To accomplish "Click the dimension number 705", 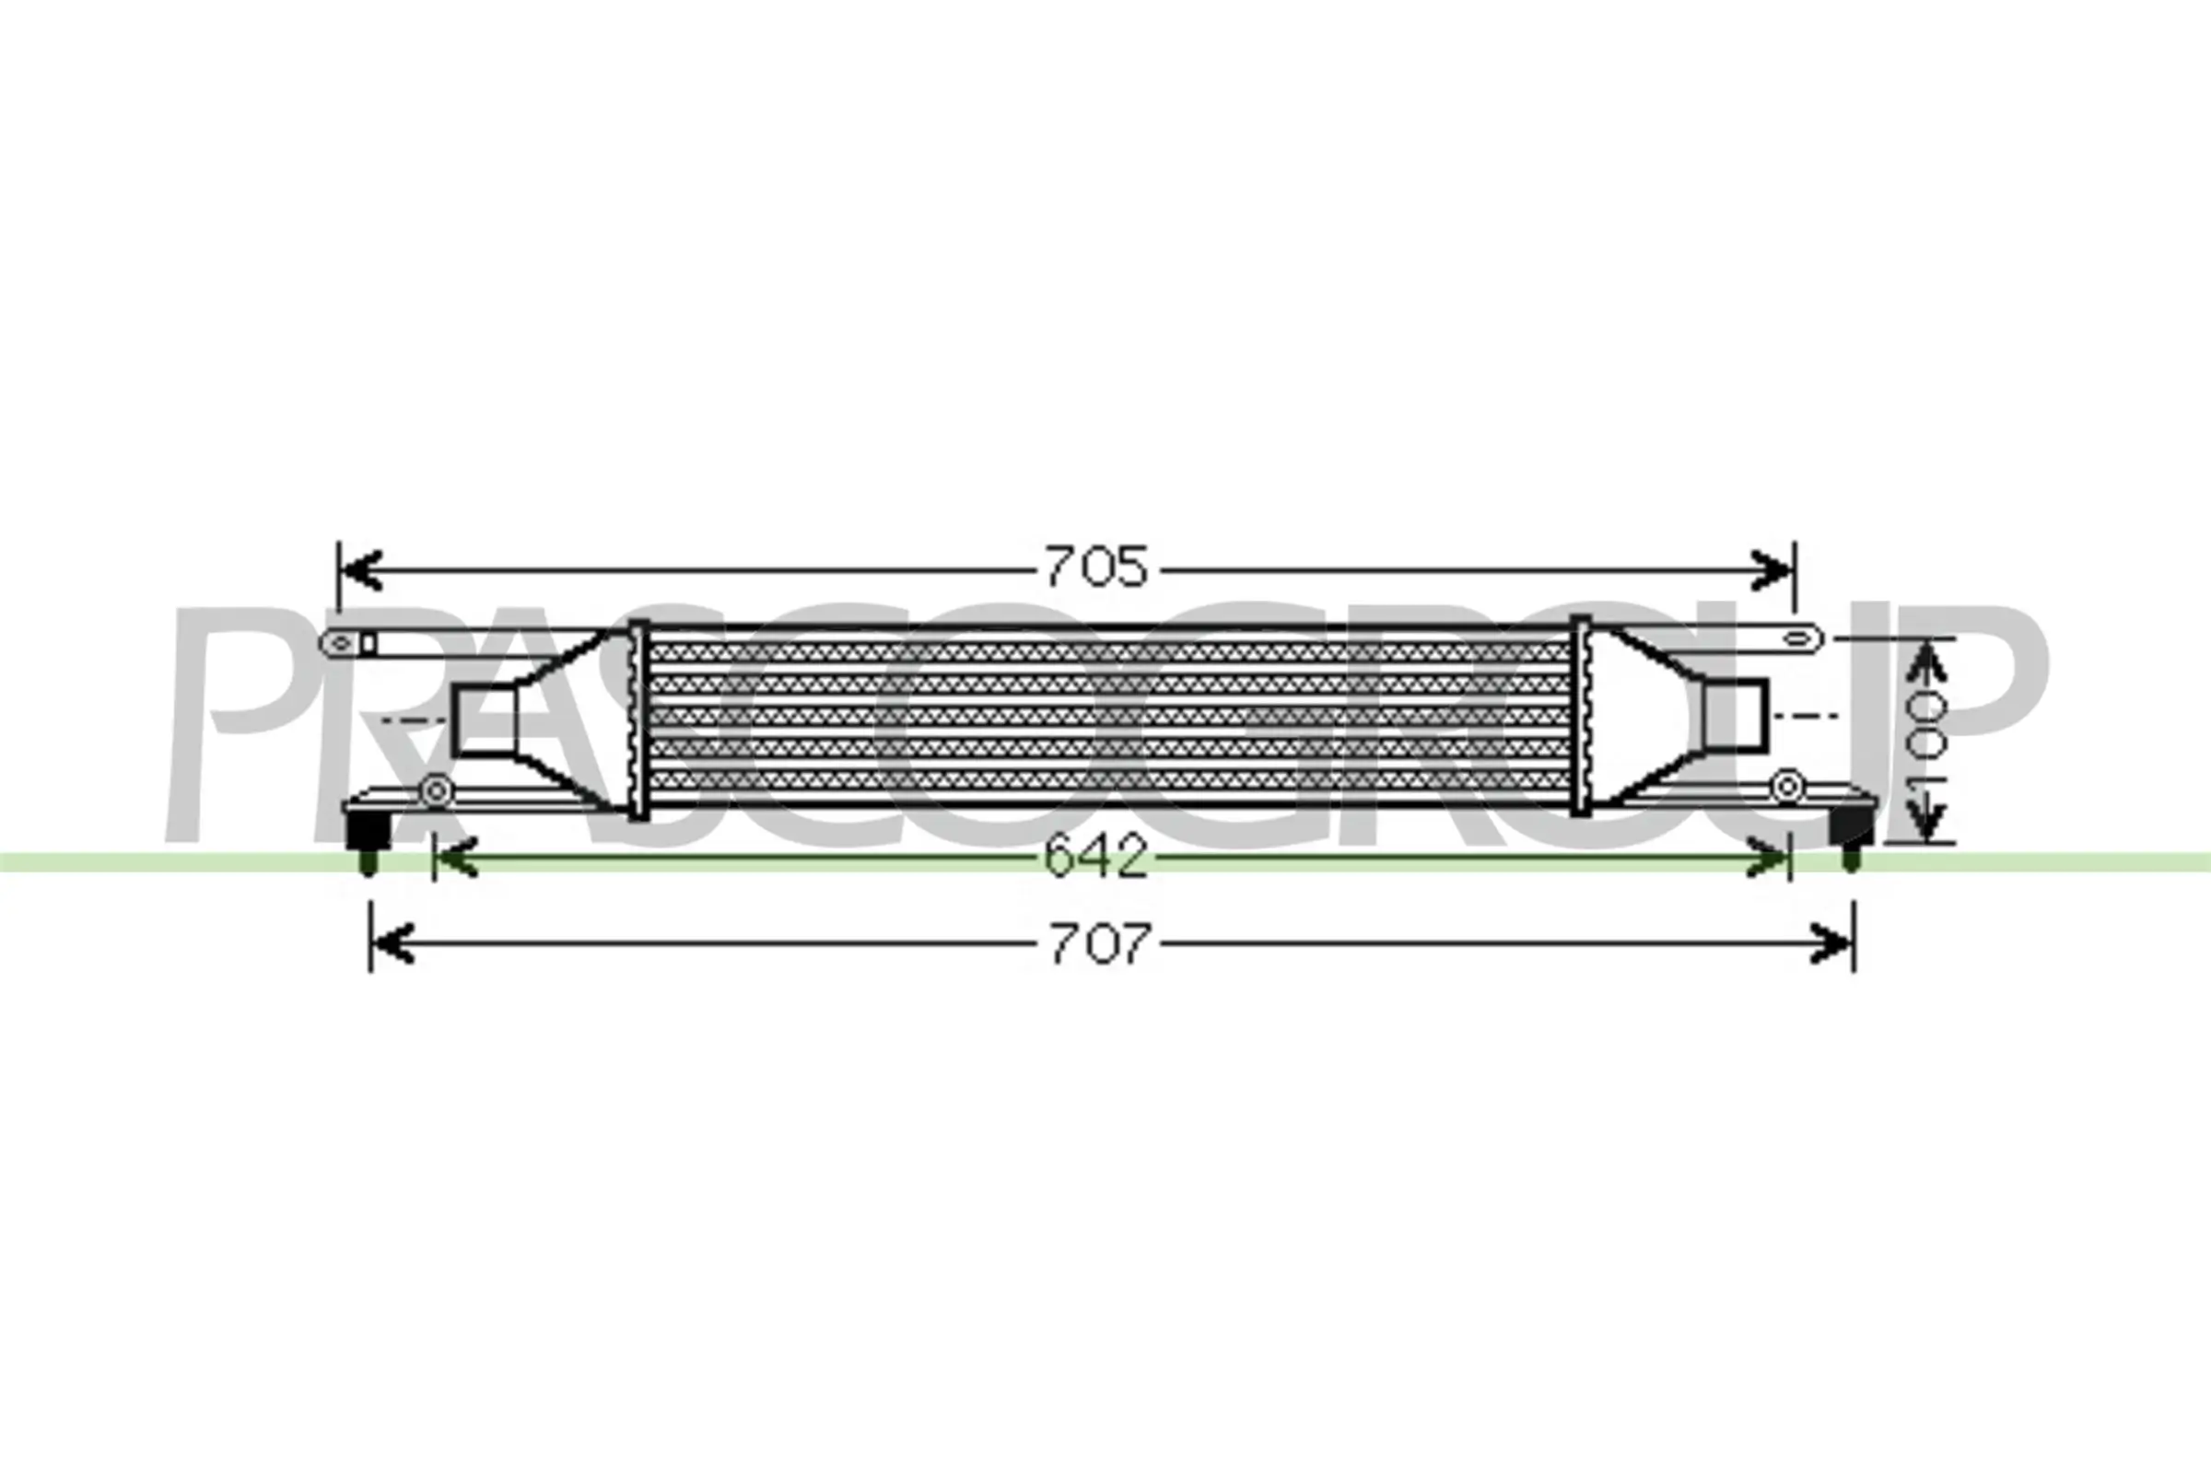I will click(x=1096, y=567).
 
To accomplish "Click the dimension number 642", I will click(x=1096, y=858).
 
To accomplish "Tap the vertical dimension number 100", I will click(x=1925, y=742).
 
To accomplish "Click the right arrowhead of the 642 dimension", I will click(x=1767, y=859).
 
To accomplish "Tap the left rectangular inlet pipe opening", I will click(x=485, y=720).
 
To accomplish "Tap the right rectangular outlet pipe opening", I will click(x=1737, y=716).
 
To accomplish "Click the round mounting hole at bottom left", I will click(x=435, y=790).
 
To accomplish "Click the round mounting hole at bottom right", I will click(x=1786, y=786).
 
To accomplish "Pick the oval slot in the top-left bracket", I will click(x=342, y=643).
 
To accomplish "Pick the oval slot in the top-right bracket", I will click(x=1796, y=639).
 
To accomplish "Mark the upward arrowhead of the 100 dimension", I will click(x=1925, y=661).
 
